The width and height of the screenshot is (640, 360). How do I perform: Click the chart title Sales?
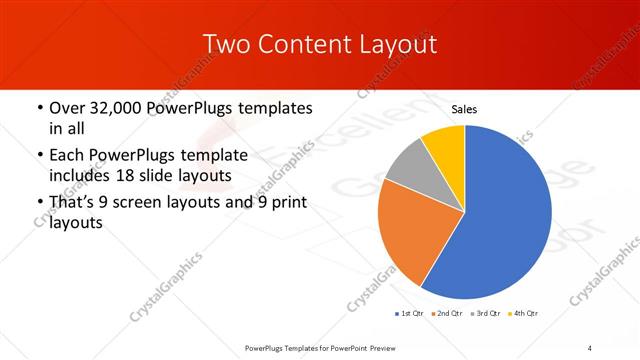[x=465, y=108]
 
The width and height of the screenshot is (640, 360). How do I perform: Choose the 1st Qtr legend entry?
[x=408, y=314]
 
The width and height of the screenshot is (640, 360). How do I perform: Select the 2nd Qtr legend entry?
[x=447, y=314]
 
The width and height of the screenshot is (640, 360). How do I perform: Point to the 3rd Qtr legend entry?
[x=485, y=314]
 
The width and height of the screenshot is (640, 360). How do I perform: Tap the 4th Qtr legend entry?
[x=523, y=314]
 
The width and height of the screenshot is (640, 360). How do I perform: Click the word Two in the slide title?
[x=226, y=45]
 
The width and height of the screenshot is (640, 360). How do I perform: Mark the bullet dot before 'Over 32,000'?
[x=39, y=108]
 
